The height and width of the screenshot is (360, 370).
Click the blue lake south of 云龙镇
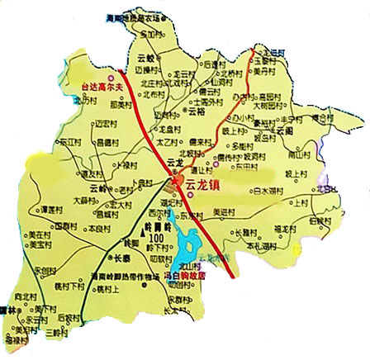tap(189, 244)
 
